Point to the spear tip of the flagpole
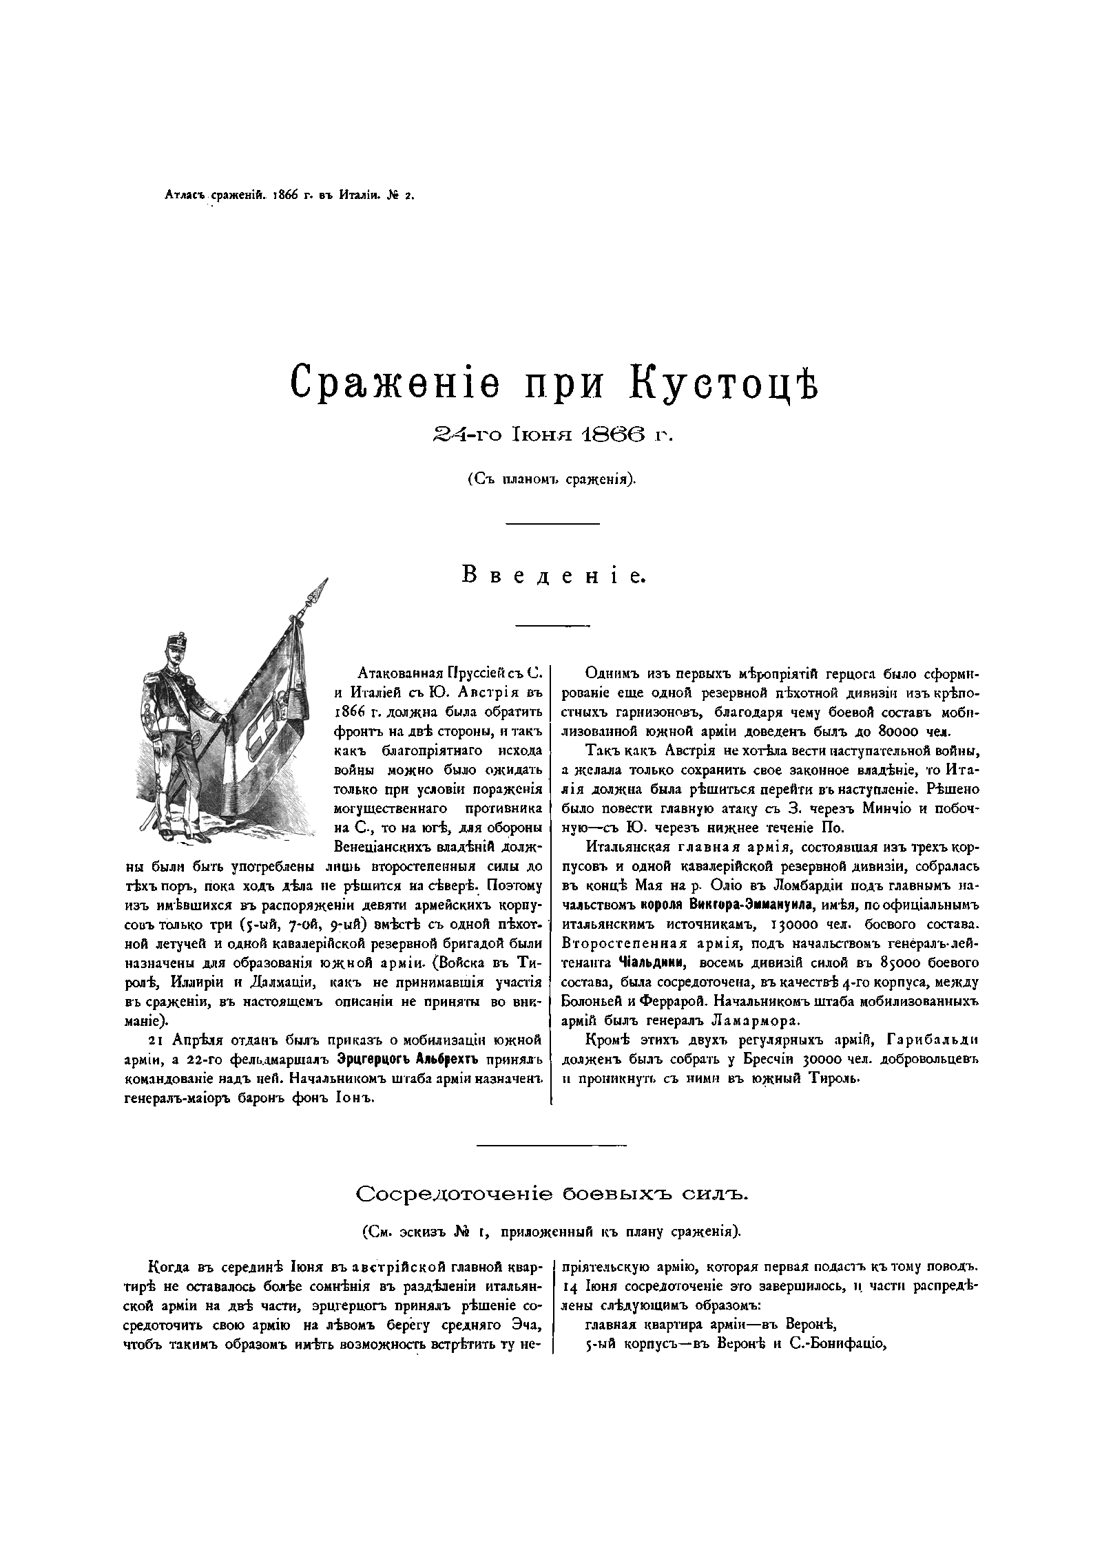320,589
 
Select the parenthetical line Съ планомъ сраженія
552,479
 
